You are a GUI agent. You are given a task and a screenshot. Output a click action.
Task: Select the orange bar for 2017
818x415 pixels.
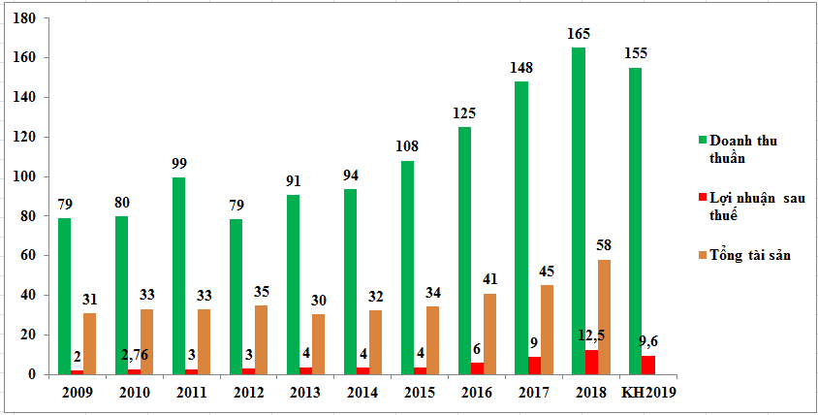tap(548, 329)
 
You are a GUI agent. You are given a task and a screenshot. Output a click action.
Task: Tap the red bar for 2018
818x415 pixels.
tap(592, 362)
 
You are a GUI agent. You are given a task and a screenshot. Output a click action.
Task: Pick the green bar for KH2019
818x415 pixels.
tap(635, 220)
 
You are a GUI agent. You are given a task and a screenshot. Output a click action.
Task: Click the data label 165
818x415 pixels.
tap(579, 35)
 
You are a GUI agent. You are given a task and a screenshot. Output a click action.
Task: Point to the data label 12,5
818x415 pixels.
tap(593, 335)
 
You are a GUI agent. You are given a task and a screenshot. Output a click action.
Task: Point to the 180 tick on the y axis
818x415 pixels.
tap(26, 18)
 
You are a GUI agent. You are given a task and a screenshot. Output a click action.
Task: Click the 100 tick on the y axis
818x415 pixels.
tap(26, 176)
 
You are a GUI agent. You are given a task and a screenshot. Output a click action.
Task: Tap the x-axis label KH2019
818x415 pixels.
tap(648, 393)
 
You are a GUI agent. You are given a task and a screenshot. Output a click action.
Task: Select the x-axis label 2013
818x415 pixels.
tap(305, 393)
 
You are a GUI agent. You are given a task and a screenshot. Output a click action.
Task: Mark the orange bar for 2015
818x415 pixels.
tap(433, 339)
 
